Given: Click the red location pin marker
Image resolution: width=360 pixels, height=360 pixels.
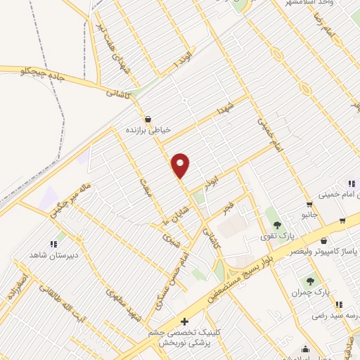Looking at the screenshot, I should (181, 165).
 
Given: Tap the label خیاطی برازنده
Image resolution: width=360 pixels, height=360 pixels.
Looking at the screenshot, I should (149, 130).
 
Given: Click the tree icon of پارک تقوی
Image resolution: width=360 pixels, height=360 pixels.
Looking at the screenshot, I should (277, 224).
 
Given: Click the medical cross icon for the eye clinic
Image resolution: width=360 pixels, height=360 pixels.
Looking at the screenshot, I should (184, 321).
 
